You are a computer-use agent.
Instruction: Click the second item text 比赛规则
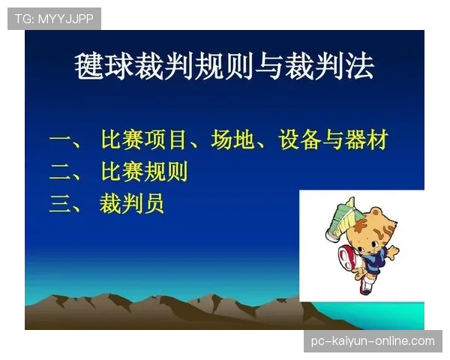point(143,172)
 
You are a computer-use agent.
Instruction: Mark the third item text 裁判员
point(132,203)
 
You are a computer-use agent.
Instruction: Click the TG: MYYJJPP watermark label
point(54,18)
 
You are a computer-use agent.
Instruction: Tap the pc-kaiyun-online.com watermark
point(372,341)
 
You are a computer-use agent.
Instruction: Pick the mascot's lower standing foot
point(364,289)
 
